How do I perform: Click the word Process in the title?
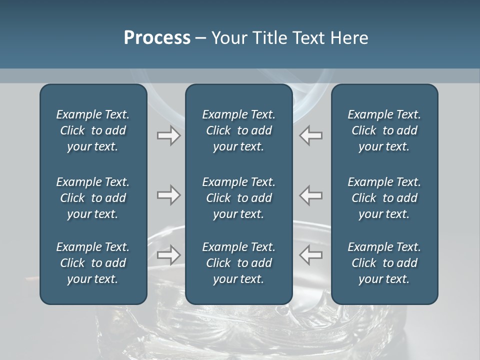coord(157,38)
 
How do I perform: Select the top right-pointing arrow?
coord(168,135)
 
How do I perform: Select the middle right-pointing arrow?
coord(168,195)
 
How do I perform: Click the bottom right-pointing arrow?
coord(168,255)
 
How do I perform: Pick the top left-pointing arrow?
coord(311,135)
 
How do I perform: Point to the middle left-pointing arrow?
coord(311,195)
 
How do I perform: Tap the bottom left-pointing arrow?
coord(311,255)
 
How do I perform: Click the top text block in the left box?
coord(93,130)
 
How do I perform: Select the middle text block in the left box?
coord(93,198)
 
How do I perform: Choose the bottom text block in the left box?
coord(93,263)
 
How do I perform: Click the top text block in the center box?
coord(238,130)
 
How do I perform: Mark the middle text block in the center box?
coord(238,198)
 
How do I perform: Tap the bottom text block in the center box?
coord(238,263)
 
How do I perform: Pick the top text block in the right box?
coord(384,130)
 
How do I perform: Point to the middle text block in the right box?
coord(384,198)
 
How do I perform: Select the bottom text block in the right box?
coord(384,263)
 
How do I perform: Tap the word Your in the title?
coord(228,38)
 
